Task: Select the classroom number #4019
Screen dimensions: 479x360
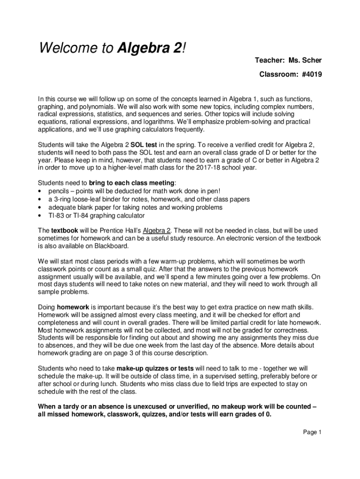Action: click(x=310, y=74)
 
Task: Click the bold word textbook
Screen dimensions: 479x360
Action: click(x=65, y=231)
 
